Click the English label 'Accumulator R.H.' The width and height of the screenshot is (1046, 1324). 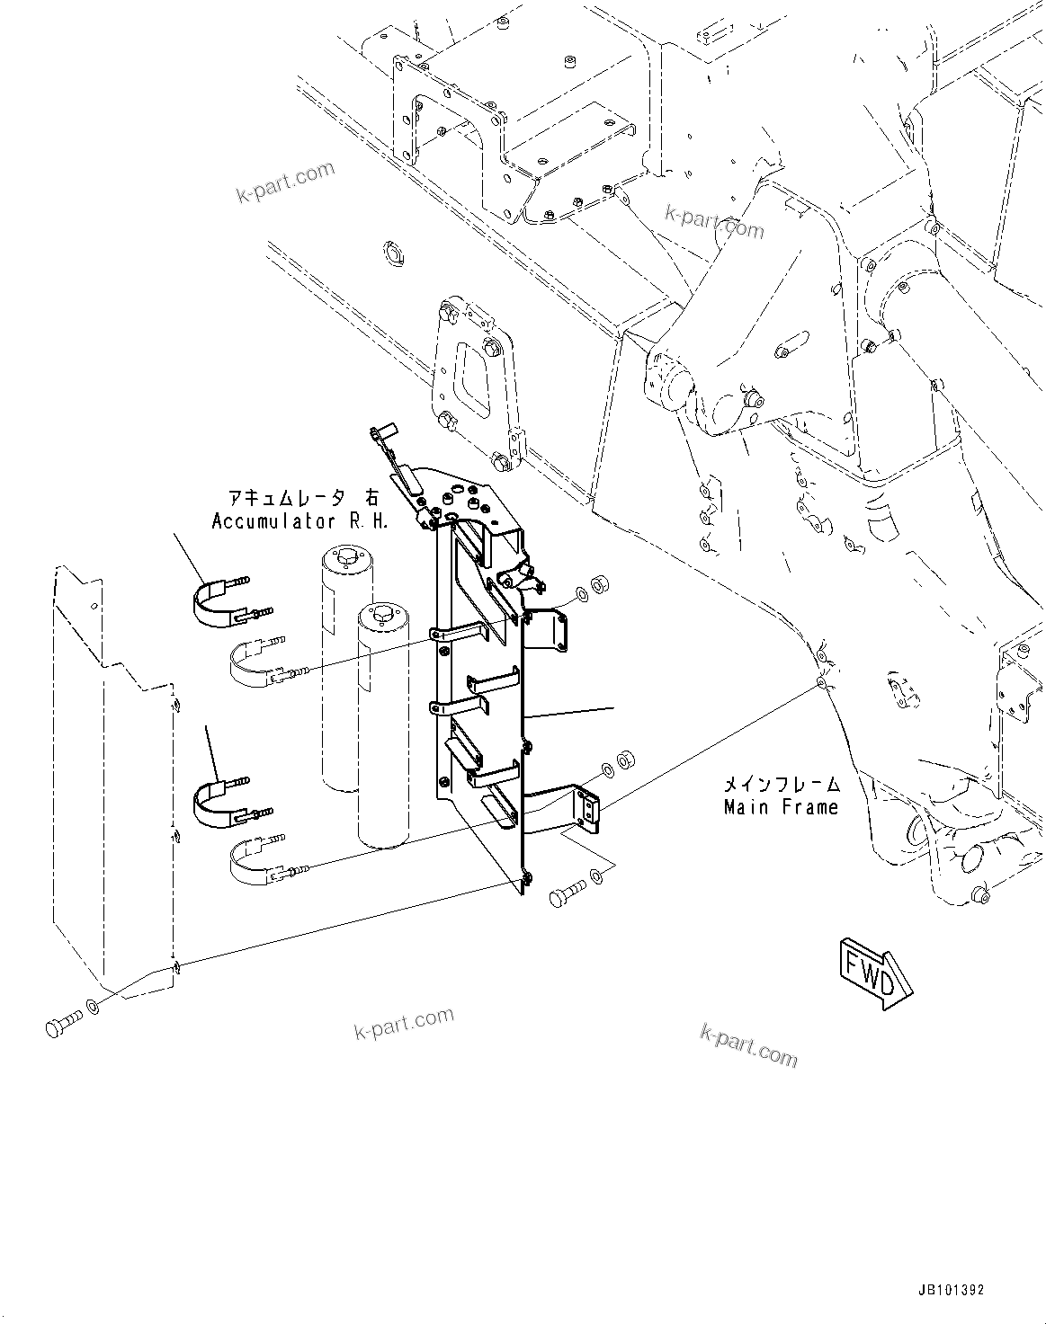coord(300,521)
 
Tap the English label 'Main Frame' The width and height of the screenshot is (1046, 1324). coord(781,807)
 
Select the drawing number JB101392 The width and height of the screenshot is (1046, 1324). coord(951,1290)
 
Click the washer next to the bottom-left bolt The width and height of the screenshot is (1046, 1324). coord(92,1006)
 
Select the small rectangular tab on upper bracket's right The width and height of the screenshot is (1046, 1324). coord(545,630)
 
